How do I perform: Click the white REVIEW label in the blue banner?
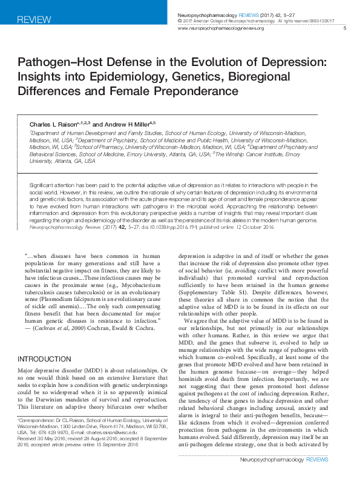30,20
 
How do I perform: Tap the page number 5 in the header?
344,28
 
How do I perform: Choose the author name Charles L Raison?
47,124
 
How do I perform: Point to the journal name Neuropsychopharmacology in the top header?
206,13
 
